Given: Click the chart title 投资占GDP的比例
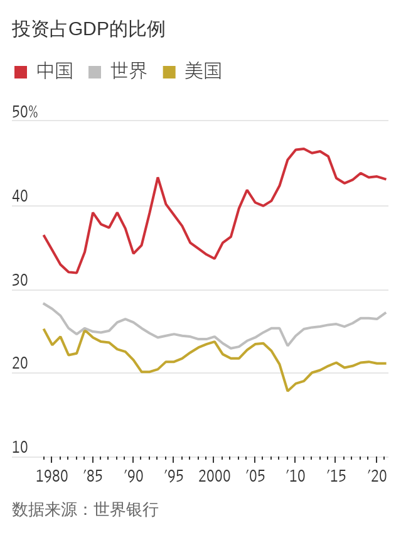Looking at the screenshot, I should coord(88,30).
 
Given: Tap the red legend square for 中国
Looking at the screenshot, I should coord(21,72).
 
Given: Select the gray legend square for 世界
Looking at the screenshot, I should coord(95,72).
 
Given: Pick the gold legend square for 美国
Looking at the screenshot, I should coord(169,72).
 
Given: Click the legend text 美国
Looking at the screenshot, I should coord(203,72).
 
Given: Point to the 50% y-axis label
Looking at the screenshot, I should coord(25,112).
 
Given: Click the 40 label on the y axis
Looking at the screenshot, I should coord(20,197).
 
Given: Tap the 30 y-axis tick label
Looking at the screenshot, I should coord(20,281).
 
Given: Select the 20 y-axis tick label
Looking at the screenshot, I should coord(20,364).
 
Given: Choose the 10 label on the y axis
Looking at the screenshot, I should coord(20,448).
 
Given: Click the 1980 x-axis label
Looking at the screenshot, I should coord(52,476).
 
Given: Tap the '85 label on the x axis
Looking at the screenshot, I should coord(92,476).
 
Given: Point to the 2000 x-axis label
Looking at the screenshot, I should coord(214,476).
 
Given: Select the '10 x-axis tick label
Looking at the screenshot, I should coord(296,476).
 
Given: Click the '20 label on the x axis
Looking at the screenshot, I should coord(377,476).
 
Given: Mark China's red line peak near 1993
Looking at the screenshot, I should coord(158,178).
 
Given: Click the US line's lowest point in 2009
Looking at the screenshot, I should coord(287,391).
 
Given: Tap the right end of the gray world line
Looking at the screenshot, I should coord(385,313).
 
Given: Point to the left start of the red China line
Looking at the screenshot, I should coord(44,235).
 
